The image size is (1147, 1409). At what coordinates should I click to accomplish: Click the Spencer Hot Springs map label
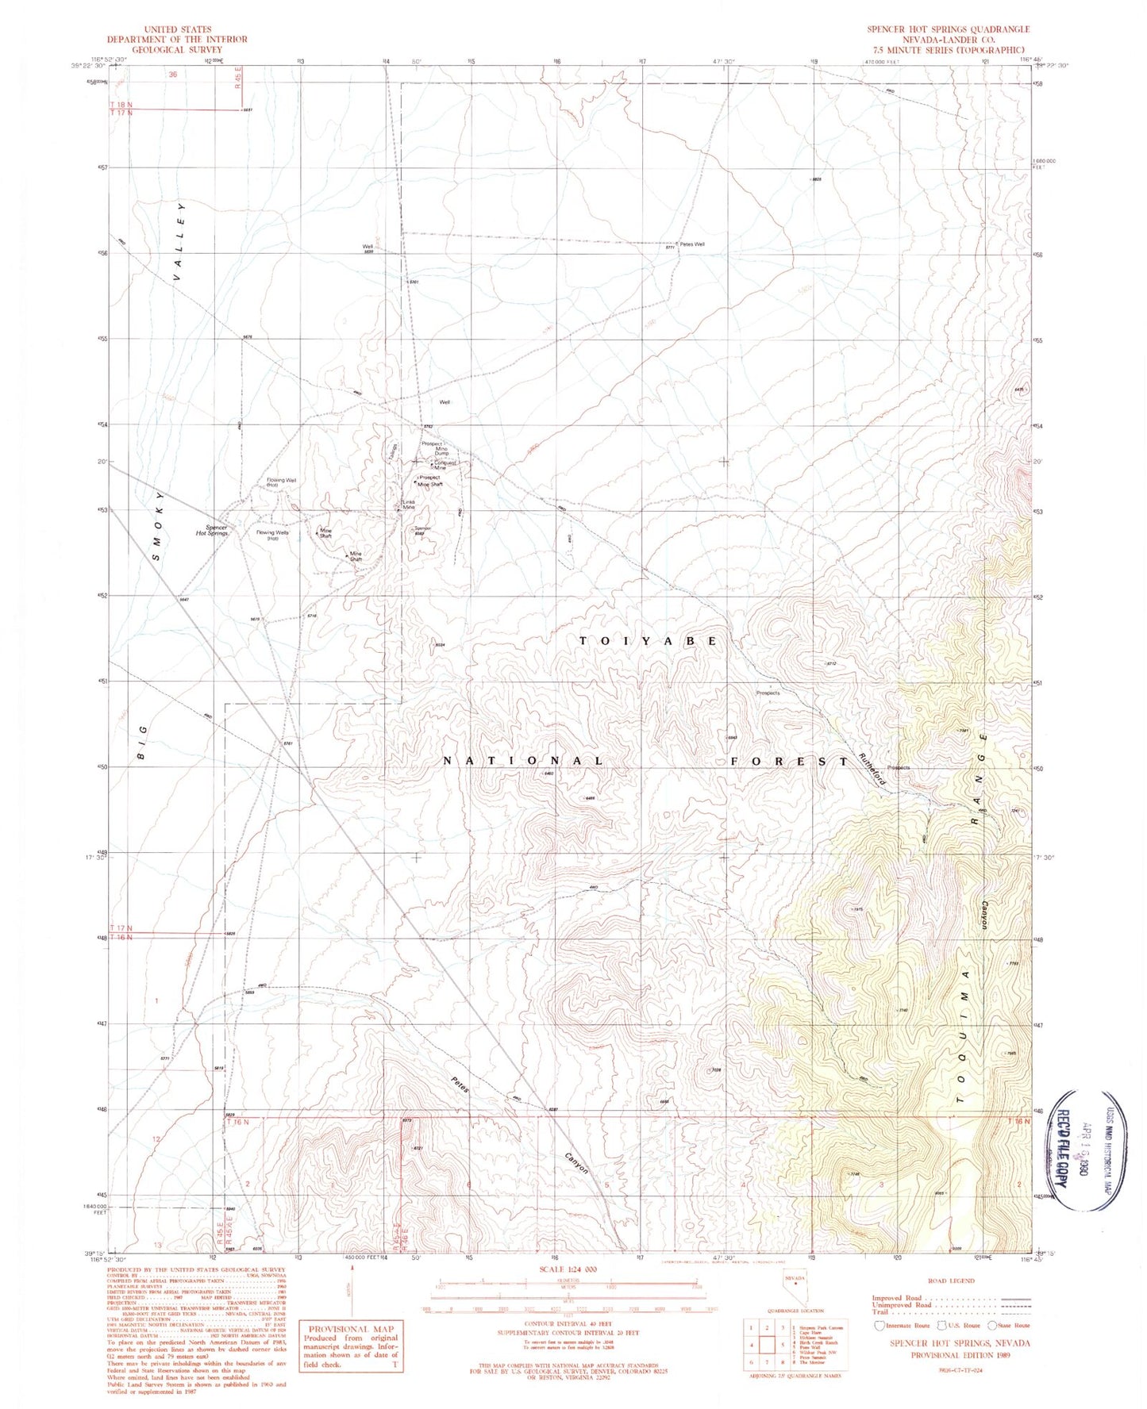pos(212,530)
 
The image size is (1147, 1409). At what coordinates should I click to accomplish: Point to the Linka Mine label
pos(408,504)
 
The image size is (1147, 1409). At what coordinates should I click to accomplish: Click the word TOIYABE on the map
pos(649,640)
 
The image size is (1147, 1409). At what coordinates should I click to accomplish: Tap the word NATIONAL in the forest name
pos(523,760)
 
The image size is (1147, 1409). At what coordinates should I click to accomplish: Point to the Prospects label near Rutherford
pos(899,767)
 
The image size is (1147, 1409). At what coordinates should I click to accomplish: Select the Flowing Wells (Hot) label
pos(272,536)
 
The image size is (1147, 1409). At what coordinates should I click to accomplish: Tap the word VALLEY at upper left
pos(181,242)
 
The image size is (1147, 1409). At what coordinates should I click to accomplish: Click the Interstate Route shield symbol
pos(879,1325)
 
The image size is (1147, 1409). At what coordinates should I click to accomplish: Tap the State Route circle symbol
pos(991,1325)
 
